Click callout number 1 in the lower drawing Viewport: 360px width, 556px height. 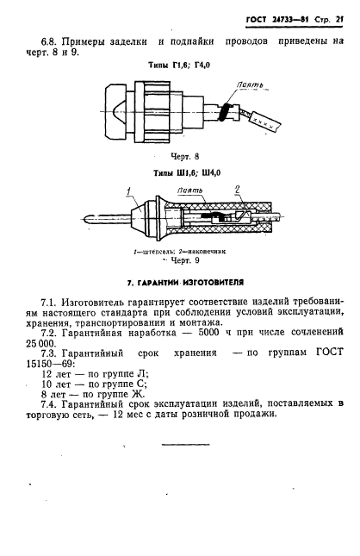pyautogui.click(x=128, y=191)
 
